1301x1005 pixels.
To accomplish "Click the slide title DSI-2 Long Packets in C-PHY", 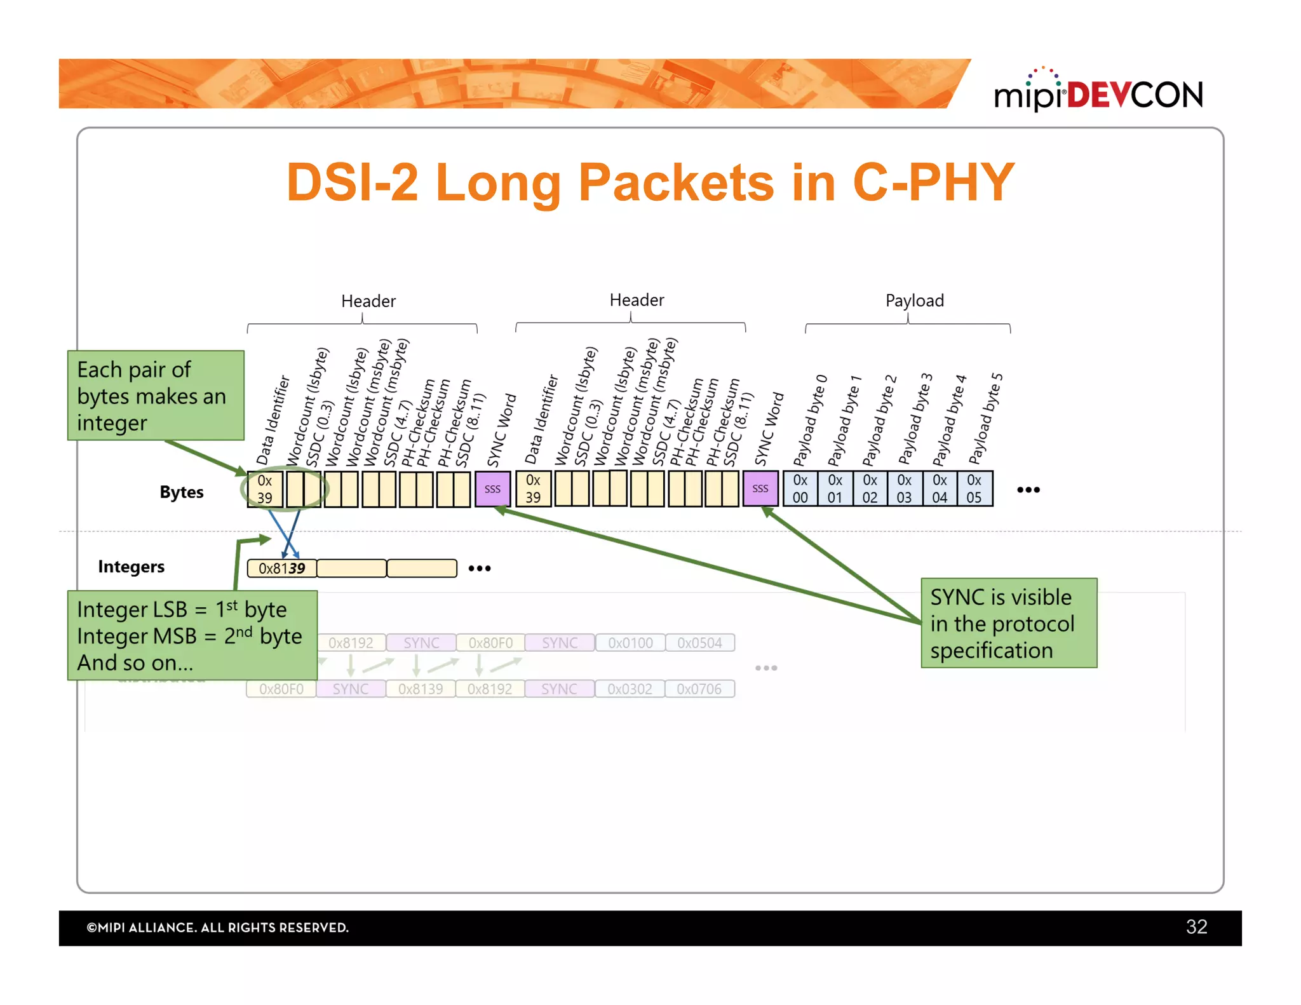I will (x=650, y=182).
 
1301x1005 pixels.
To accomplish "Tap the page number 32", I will (x=1196, y=927).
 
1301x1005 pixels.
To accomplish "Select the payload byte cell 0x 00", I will (x=800, y=489).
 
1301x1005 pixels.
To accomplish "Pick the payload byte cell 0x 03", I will (x=904, y=489).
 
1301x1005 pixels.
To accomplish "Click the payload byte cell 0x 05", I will (x=974, y=489).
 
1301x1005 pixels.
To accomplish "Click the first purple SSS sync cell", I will (x=492, y=489).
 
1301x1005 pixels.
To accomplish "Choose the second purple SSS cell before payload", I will (x=760, y=489).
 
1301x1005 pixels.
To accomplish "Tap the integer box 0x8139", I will (x=281, y=568).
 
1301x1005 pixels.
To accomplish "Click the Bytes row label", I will (x=182, y=492).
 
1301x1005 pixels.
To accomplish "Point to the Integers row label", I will (x=131, y=567).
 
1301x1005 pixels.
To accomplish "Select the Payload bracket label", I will (x=914, y=300).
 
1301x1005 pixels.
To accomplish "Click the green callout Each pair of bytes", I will (x=156, y=396).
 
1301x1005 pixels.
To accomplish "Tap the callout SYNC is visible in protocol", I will (x=1008, y=623).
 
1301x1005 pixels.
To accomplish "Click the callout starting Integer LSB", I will (x=192, y=636).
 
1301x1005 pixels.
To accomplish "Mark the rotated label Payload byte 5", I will (x=985, y=419).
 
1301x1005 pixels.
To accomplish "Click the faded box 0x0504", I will (x=699, y=643).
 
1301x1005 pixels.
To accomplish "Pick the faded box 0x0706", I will (x=699, y=689).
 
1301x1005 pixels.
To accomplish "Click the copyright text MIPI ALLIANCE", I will (x=217, y=927).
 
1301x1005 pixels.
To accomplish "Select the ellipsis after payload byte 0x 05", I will (x=1028, y=490).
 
